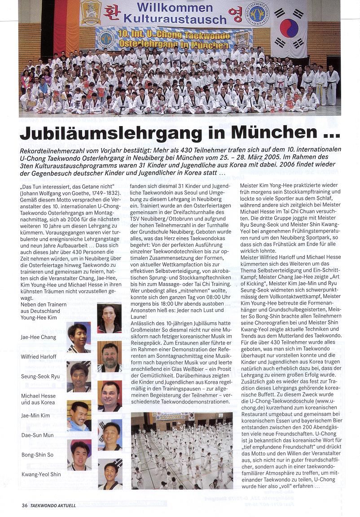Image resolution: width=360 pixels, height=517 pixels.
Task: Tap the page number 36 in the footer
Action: (x=24, y=505)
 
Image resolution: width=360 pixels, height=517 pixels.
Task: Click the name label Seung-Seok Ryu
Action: (x=40, y=376)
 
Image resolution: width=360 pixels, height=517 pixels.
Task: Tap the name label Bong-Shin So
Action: (x=38, y=455)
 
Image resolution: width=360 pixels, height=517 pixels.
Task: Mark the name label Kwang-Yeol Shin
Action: (x=41, y=474)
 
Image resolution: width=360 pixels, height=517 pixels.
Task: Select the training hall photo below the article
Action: (x=182, y=450)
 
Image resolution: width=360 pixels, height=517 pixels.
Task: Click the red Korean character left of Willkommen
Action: (x=111, y=13)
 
